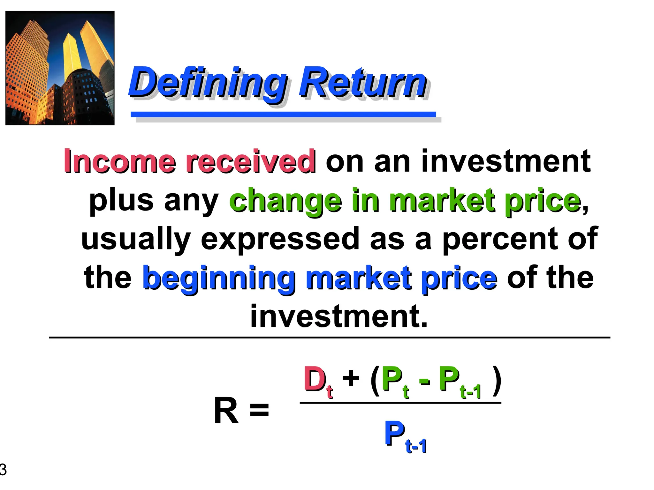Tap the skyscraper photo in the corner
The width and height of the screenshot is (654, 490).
(60, 68)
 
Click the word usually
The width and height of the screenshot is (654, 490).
(136, 239)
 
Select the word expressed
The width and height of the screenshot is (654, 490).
(280, 239)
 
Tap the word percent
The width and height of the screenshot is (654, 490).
(500, 239)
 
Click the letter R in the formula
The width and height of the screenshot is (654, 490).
(226, 411)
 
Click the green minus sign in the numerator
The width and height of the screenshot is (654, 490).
(424, 381)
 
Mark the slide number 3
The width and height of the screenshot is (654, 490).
(3, 470)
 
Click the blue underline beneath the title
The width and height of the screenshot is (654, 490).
(283, 114)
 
